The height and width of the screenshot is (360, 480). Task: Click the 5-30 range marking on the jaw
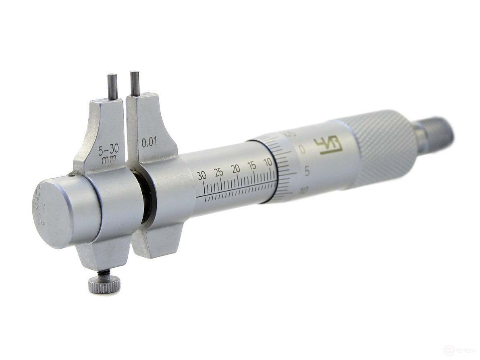pyautogui.click(x=108, y=151)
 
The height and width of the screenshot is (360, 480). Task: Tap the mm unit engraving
pyautogui.click(x=109, y=159)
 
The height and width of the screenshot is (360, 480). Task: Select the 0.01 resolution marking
pyautogui.click(x=149, y=143)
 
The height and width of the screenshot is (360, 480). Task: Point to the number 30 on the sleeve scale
pyautogui.click(x=202, y=175)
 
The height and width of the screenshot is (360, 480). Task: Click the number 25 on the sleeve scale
pyautogui.click(x=219, y=172)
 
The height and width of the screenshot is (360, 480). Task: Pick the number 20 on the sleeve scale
pyautogui.click(x=236, y=169)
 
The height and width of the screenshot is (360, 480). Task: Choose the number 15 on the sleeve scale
pyautogui.click(x=251, y=165)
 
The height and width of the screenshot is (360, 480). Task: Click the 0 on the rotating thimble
pyautogui.click(x=302, y=150)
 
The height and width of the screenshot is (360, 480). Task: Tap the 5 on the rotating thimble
pyautogui.click(x=307, y=171)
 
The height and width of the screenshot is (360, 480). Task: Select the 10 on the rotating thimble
pyautogui.click(x=303, y=191)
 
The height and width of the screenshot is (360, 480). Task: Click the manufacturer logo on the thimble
pyautogui.click(x=328, y=146)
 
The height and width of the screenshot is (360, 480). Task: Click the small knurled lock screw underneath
pyautogui.click(x=104, y=284)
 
